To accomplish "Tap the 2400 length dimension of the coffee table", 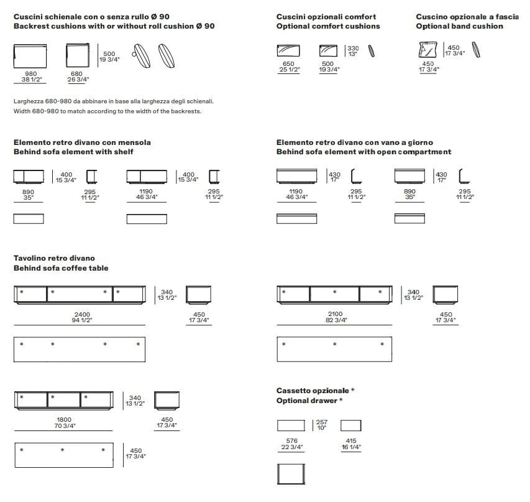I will point(82,314).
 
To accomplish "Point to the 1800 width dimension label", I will point(65,420).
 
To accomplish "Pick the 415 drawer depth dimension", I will point(350,441).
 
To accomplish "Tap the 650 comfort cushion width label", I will point(288,63).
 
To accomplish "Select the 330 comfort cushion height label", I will point(353,48).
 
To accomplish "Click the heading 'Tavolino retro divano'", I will point(54,258).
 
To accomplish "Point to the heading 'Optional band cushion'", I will point(459,26).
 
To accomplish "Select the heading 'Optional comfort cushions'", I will point(328,26).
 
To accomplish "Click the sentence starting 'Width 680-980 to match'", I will point(107,111).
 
